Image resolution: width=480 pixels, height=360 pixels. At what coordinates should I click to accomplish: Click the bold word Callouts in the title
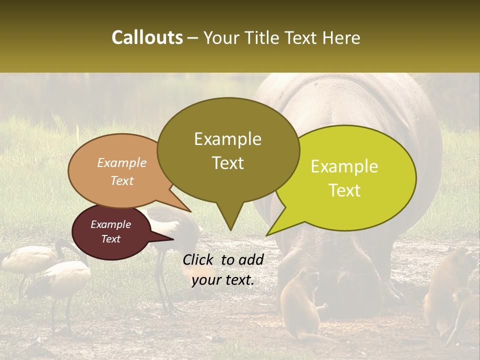coord(147,37)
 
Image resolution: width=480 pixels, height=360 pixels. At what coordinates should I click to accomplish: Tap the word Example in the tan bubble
coord(122,162)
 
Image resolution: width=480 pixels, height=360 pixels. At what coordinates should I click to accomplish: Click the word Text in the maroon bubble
coord(111,239)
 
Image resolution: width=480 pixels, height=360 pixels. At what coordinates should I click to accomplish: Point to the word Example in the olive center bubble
coord(227,139)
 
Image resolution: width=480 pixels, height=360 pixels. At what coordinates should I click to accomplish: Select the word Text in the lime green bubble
coord(345,190)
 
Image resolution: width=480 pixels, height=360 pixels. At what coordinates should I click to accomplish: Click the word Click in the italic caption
coord(198,259)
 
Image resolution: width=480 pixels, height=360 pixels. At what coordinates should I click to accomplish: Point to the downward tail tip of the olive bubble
coord(230,230)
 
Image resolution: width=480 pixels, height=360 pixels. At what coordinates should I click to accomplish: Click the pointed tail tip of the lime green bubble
coord(267,235)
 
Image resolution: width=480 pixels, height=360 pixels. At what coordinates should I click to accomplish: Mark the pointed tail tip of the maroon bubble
coord(173,239)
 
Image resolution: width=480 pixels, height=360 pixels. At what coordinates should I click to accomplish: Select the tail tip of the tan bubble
coord(191,211)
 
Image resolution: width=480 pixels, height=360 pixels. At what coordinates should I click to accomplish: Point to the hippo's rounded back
coord(350,100)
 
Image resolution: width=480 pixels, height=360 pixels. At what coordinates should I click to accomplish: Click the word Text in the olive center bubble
coord(227,163)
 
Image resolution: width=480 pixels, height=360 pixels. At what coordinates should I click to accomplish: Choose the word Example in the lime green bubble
coord(344,166)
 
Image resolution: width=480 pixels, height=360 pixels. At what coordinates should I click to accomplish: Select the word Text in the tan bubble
coord(122,180)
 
